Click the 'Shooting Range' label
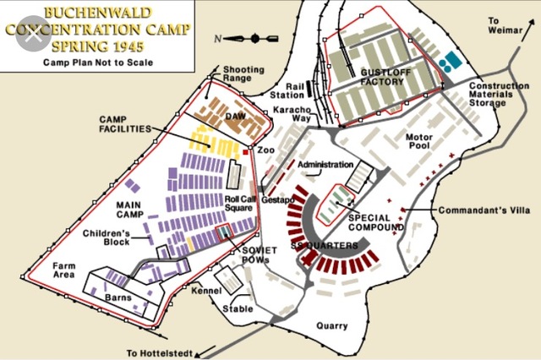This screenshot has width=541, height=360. (x=243, y=75)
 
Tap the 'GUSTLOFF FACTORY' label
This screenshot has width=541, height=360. (x=384, y=78)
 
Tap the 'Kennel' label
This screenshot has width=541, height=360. (x=205, y=291)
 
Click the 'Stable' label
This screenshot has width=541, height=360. (x=238, y=308)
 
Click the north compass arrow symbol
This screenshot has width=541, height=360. (x=254, y=38)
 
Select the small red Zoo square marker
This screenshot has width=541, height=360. (x=246, y=151)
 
